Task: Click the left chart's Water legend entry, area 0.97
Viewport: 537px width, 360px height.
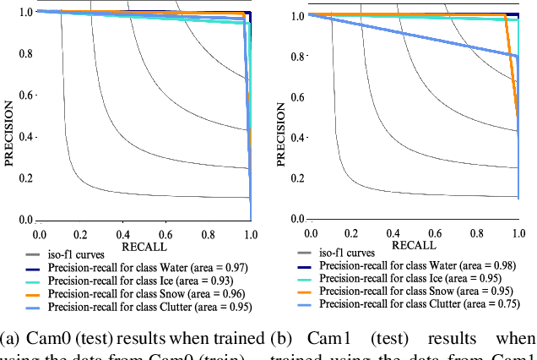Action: pos(147,266)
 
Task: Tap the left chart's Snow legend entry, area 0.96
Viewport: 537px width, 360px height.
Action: pos(147,293)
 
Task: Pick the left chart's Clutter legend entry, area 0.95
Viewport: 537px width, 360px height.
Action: pos(150,306)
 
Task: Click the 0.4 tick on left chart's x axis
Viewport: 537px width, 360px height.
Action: pos(123,232)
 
